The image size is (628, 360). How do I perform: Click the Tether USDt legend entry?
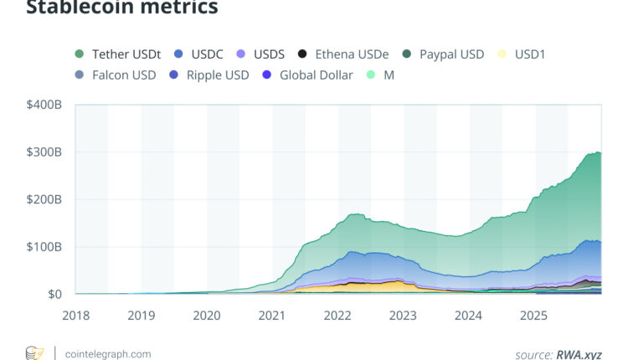[121, 54]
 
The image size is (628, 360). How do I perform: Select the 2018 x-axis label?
[75, 316]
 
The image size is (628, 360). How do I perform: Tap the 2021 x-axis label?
[272, 316]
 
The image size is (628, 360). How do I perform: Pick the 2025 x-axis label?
[534, 316]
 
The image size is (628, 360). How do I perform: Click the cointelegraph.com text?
[108, 353]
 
